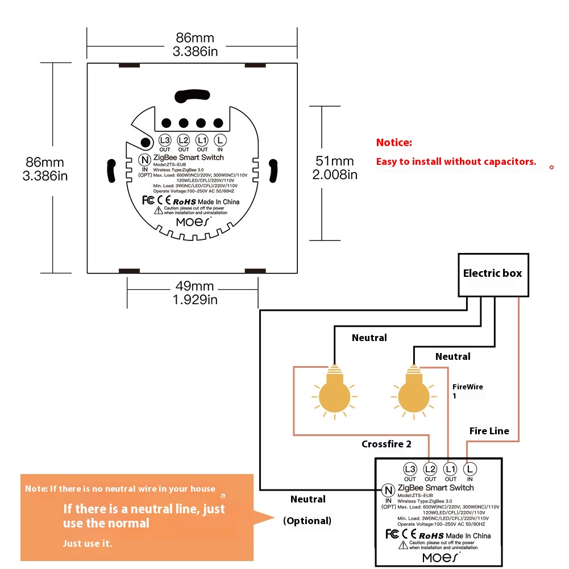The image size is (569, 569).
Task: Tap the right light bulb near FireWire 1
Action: (413, 392)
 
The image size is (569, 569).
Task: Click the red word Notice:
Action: (394, 143)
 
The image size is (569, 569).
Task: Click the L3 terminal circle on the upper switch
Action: (165, 140)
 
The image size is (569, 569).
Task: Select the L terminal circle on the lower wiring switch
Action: (470, 469)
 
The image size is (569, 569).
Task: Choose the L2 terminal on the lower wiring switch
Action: (430, 469)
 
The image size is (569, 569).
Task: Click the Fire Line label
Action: (489, 431)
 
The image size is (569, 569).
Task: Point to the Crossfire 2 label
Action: (387, 444)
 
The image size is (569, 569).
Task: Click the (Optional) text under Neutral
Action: (307, 521)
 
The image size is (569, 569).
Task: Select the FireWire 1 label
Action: (467, 391)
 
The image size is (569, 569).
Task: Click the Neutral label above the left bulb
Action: (369, 338)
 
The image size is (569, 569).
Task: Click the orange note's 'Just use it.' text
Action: (88, 544)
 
